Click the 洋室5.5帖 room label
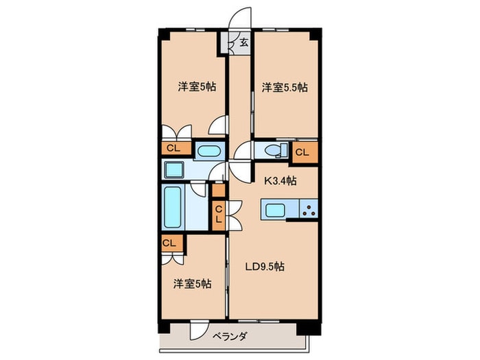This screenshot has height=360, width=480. [x=284, y=87]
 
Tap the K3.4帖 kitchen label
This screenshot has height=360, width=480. [x=280, y=181]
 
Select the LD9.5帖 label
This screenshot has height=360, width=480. [x=265, y=267]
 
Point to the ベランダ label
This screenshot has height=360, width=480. [x=230, y=336]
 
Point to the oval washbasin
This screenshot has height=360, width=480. [x=207, y=150]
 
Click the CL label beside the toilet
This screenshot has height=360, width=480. [x=302, y=152]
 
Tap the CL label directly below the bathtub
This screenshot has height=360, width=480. [x=169, y=242]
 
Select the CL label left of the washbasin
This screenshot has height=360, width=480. [x=172, y=147]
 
